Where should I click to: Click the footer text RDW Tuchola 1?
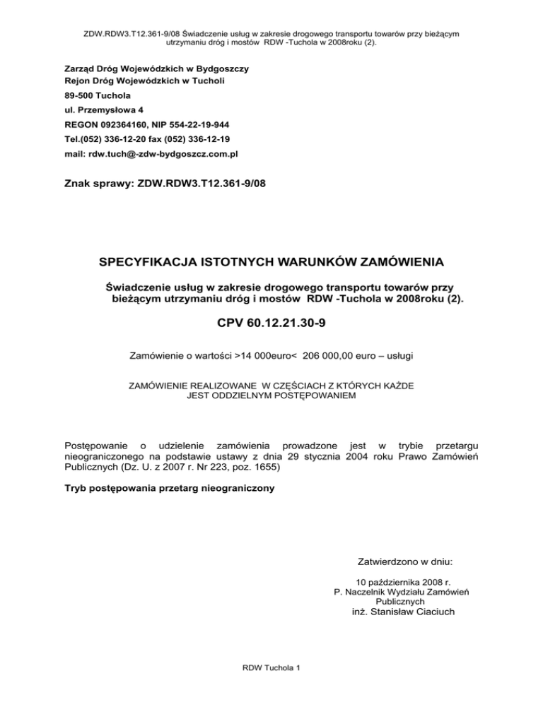point(272,689)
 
